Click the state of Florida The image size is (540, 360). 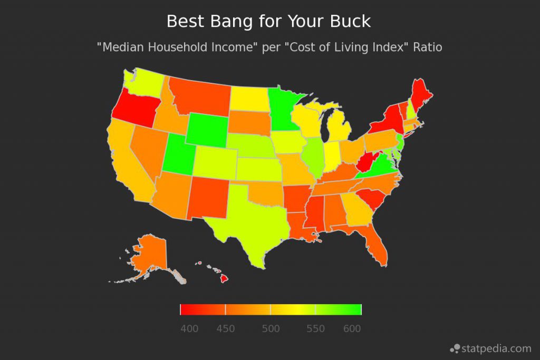point(378,245)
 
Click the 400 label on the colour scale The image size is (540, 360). point(189,329)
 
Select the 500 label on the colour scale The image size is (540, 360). point(271,329)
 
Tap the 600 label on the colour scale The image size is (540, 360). point(352,329)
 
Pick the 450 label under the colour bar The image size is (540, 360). point(226,329)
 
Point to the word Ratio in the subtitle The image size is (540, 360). point(428,47)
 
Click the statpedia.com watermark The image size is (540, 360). point(490,348)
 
